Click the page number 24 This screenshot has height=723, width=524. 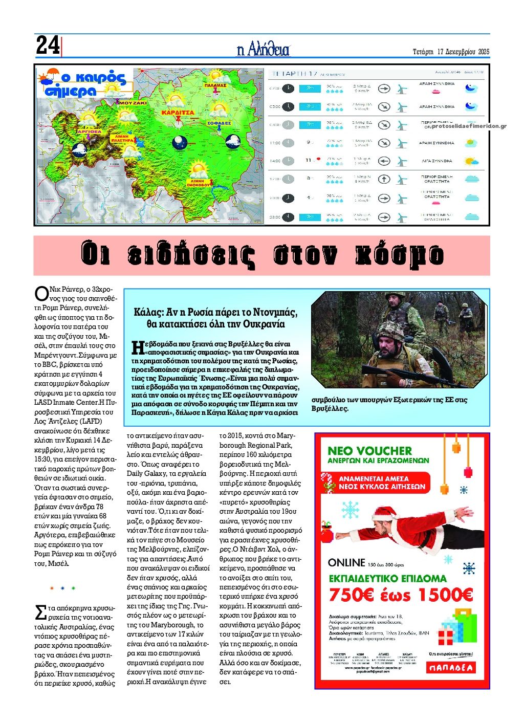pos(48,46)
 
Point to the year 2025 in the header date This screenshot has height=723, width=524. pos(481,52)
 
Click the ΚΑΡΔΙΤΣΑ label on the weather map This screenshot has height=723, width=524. pos(178,112)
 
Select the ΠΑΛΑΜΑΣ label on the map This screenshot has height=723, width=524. pos(215,85)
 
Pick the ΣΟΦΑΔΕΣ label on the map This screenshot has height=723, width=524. pos(219,123)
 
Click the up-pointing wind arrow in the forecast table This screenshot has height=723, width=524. pos(384,180)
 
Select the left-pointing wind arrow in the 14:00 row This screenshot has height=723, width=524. pos(384,161)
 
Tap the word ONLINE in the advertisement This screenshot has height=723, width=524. pos(346,562)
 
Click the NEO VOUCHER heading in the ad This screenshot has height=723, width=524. pos(369,451)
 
